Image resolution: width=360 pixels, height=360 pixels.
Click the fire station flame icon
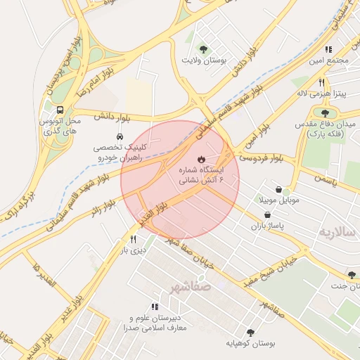pyautogui.click(x=200, y=158)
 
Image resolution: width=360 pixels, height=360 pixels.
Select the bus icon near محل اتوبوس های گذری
pyautogui.click(x=61, y=110)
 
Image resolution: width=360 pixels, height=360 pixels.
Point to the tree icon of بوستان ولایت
pyautogui.click(x=203, y=49)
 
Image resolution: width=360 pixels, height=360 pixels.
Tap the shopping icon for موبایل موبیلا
pyautogui.click(x=279, y=189)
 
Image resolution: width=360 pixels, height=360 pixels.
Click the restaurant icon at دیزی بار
pyautogui.click(x=133, y=239)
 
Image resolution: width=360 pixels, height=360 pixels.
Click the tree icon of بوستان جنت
pyautogui.click(x=352, y=275)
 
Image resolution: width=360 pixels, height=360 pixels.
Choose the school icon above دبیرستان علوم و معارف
pyautogui.click(x=155, y=307)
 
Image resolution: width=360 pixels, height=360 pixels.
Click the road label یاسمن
pyautogui.click(x=324, y=181)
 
